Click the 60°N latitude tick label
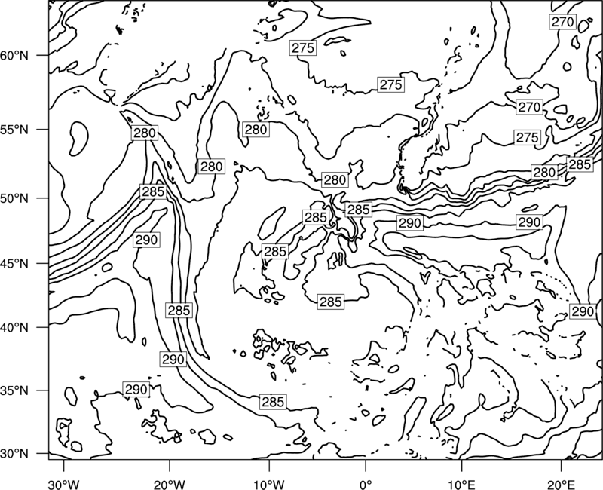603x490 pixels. tap(14, 56)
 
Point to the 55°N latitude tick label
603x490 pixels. tap(14, 130)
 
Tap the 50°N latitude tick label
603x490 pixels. tap(14, 198)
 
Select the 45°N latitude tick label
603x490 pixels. tap(14, 264)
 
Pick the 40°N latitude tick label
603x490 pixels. tap(14, 328)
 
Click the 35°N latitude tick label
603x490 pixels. tap(14, 390)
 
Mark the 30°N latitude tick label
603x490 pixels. tap(14, 454)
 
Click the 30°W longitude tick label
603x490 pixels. tap(63, 482)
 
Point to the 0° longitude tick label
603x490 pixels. tap(366, 482)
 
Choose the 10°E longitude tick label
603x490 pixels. tap(461, 482)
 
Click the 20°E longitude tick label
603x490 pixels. tap(561, 482)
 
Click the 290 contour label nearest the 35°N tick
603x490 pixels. tap(136, 390)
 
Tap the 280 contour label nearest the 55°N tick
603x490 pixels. tap(145, 133)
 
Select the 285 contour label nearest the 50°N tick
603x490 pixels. tap(153, 191)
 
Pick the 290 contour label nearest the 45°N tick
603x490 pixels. tap(146, 240)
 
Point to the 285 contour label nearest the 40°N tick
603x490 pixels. tap(179, 310)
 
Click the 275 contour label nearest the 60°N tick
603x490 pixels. tap(303, 48)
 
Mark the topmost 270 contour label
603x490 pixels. tap(562, 22)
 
